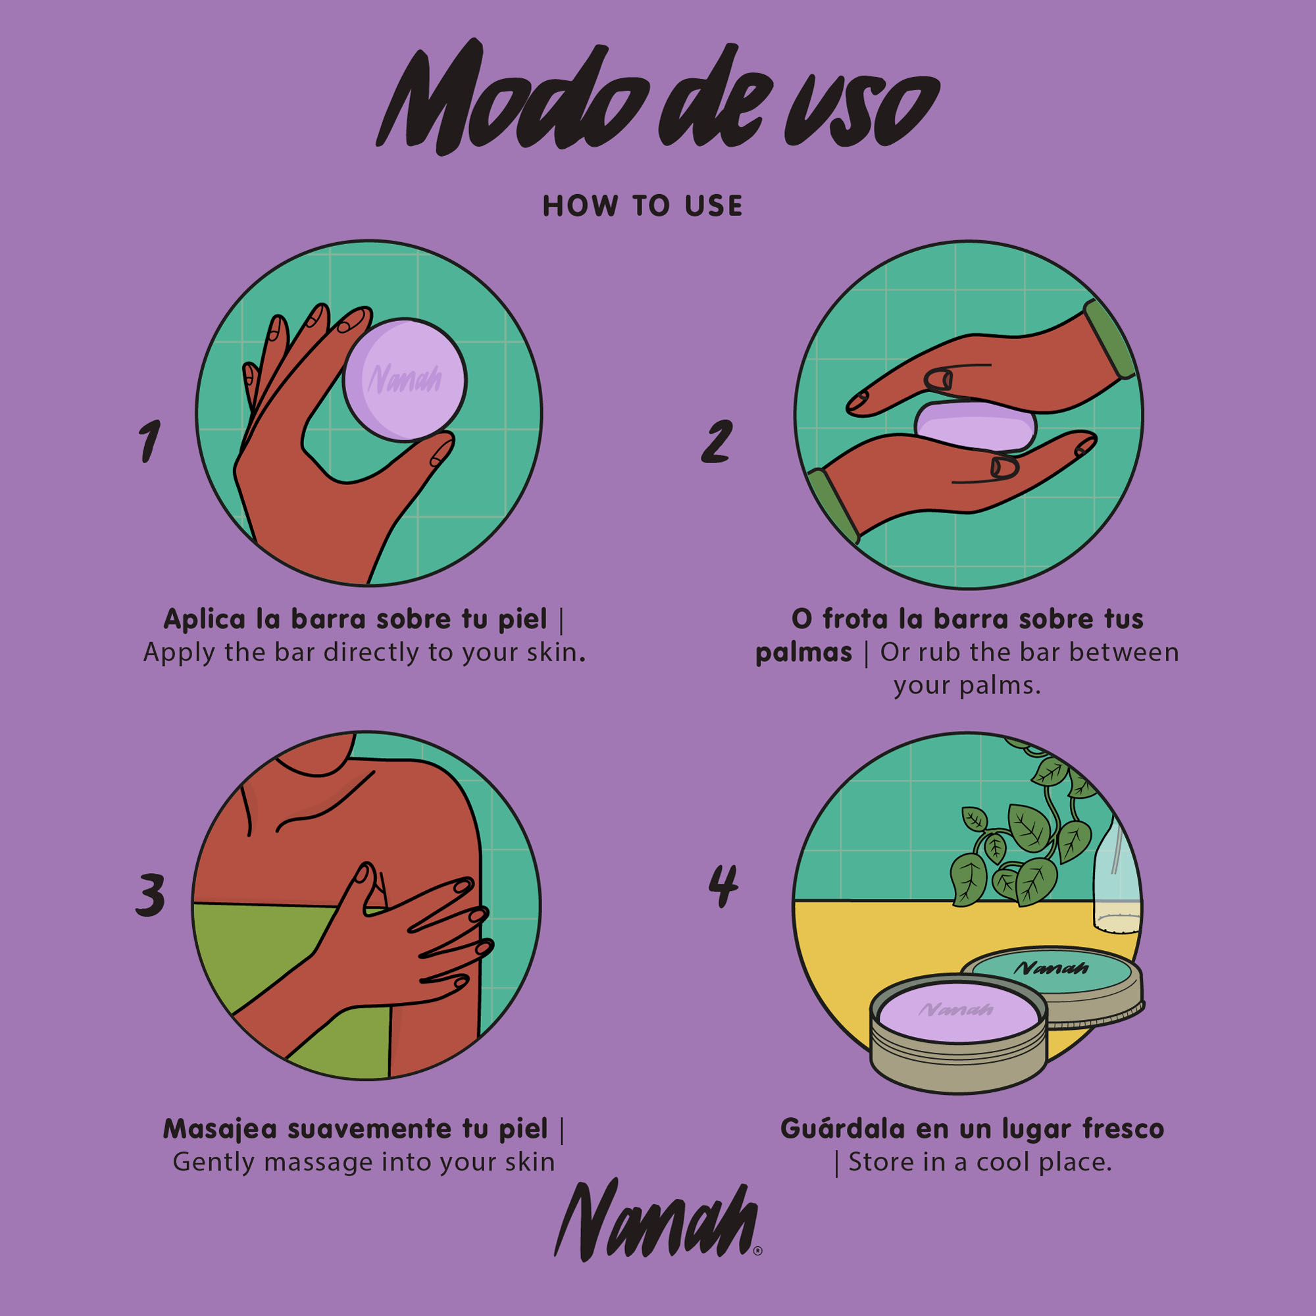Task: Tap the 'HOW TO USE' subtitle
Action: click(642, 206)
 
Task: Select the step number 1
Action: click(149, 441)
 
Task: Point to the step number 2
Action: click(717, 441)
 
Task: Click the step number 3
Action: click(150, 894)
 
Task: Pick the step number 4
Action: click(722, 886)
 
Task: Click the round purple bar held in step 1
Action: click(405, 380)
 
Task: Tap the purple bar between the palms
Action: click(975, 426)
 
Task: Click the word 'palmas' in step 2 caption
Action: click(804, 653)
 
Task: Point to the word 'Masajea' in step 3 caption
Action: click(220, 1129)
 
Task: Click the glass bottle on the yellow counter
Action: click(1116, 878)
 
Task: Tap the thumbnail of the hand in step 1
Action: click(442, 451)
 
